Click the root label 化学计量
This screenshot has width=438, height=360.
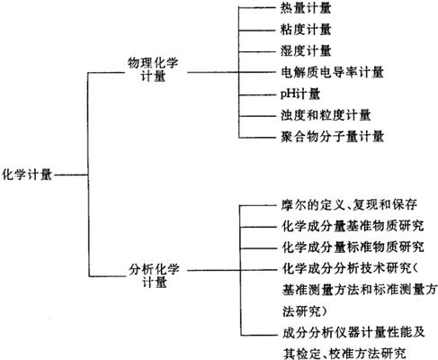27,175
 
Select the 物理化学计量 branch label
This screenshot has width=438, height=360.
153,69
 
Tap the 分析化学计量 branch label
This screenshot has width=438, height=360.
154,276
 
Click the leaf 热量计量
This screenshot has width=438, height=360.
306,8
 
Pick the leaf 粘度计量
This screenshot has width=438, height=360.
306,30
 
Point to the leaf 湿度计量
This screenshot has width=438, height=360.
306,50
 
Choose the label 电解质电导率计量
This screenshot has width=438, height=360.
332,72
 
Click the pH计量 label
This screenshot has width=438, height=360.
300,94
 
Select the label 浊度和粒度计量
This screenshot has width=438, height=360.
326,115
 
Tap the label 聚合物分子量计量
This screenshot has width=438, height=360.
332,137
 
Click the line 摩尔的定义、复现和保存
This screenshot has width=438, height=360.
349,205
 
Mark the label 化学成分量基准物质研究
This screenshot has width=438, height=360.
353,226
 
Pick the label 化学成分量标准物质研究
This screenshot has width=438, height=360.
353,247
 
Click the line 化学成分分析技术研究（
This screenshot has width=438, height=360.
351,268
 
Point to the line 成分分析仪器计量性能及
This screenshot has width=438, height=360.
353,332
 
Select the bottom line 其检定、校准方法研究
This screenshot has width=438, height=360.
344,354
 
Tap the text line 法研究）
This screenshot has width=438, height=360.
304,311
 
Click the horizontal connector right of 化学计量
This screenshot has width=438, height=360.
71,175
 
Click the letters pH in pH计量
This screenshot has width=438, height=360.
288,94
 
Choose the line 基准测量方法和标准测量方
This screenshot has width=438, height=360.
360,290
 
